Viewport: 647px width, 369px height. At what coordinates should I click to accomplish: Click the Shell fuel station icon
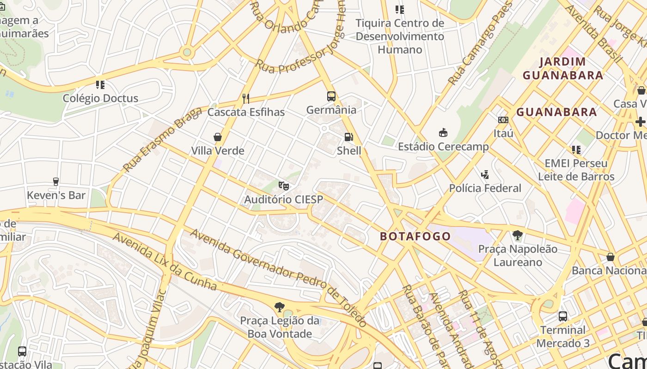pos(348,137)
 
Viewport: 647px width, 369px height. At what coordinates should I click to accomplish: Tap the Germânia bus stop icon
pos(331,96)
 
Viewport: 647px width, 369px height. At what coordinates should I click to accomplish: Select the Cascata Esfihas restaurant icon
pos(246,98)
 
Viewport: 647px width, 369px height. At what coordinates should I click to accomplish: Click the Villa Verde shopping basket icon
pos(218,137)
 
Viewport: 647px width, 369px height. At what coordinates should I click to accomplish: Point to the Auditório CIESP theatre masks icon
pos(283,186)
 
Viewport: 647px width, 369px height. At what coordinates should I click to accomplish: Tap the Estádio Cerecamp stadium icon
pos(443,133)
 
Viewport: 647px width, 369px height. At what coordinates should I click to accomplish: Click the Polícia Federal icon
pos(485,174)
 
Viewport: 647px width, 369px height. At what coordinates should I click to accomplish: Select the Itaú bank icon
pos(503,120)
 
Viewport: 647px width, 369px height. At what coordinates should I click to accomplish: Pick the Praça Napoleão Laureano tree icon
pos(518,235)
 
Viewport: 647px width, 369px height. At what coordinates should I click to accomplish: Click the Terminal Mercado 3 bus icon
pos(562,316)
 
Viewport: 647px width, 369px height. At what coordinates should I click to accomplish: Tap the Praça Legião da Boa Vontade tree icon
pos(279,307)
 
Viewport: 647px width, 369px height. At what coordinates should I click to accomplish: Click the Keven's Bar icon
pos(56,181)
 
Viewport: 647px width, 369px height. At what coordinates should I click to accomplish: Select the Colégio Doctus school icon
pos(100,84)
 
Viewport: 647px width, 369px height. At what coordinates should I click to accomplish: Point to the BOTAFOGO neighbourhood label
pos(415,237)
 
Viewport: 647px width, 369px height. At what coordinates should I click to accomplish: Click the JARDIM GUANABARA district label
pos(562,68)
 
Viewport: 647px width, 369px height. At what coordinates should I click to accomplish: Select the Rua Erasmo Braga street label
pos(163,139)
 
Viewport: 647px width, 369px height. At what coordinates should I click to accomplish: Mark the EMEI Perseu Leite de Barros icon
pos(576,149)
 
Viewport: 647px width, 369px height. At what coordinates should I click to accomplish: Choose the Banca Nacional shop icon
pos(610,257)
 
